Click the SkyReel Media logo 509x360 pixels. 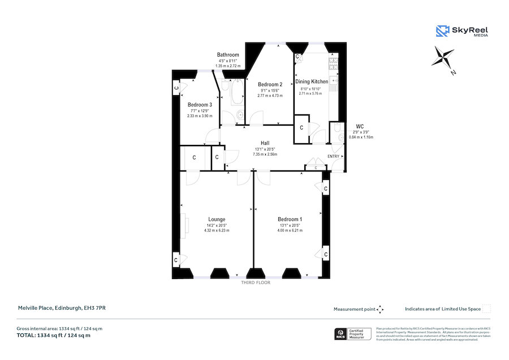click(x=461, y=31)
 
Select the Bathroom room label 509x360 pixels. click(x=228, y=55)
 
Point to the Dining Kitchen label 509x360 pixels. click(x=312, y=82)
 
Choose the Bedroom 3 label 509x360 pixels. click(x=200, y=105)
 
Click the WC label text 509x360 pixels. click(x=360, y=126)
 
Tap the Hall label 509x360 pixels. click(x=265, y=143)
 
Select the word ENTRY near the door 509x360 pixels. click(x=334, y=157)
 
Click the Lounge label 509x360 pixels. click(x=217, y=220)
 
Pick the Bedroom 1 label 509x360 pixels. click(x=290, y=220)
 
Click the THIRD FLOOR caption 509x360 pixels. click(x=256, y=282)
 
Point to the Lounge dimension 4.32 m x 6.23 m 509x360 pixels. click(x=217, y=231)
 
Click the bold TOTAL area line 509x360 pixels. click(x=54, y=336)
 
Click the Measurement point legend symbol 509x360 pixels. click(x=380, y=309)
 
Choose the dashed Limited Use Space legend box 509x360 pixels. click(x=486, y=309)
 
